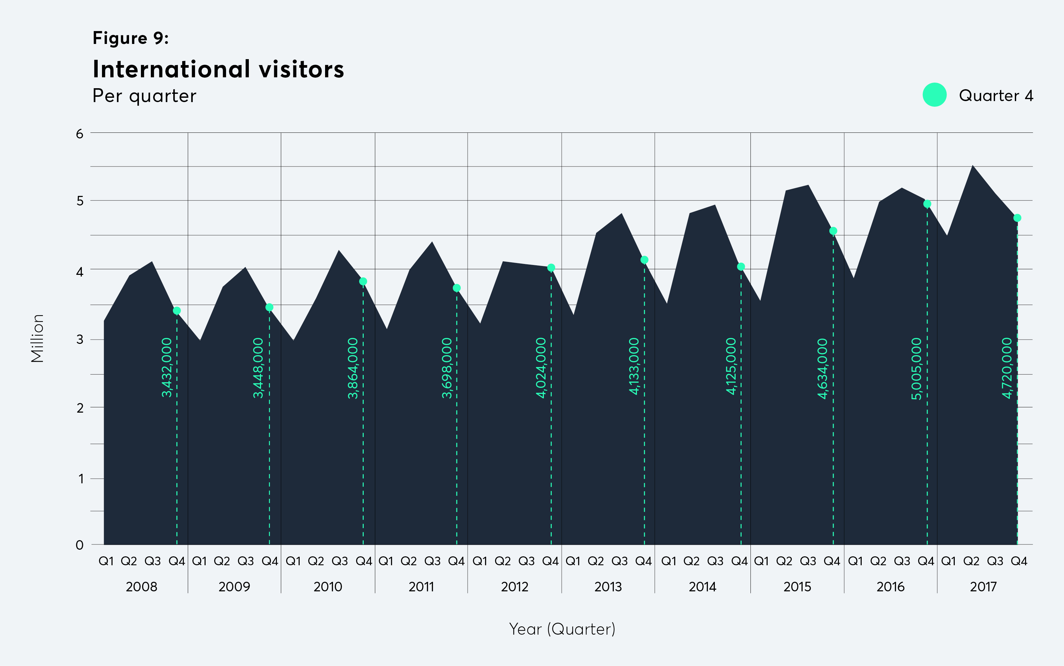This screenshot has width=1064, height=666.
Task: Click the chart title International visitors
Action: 218,70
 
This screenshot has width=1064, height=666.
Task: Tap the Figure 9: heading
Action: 131,38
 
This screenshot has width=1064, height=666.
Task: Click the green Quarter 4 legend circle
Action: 934,95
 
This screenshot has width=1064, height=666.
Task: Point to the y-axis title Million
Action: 37,338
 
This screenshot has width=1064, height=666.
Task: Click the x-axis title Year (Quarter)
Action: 562,629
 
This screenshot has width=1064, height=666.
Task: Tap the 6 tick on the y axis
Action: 80,134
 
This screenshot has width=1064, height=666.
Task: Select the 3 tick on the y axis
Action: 80,340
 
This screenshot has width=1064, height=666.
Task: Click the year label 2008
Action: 141,587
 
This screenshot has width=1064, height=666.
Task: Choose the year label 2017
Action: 983,587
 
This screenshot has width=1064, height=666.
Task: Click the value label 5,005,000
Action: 916,369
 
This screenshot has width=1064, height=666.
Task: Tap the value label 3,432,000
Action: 166,368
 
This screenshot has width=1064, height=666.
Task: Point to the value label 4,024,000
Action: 541,368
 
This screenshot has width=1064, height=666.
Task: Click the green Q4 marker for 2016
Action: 927,204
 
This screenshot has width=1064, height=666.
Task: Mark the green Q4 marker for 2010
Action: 363,281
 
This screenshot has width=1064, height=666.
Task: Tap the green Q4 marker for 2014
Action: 741,267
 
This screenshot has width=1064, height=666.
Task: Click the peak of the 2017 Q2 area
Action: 973,166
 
